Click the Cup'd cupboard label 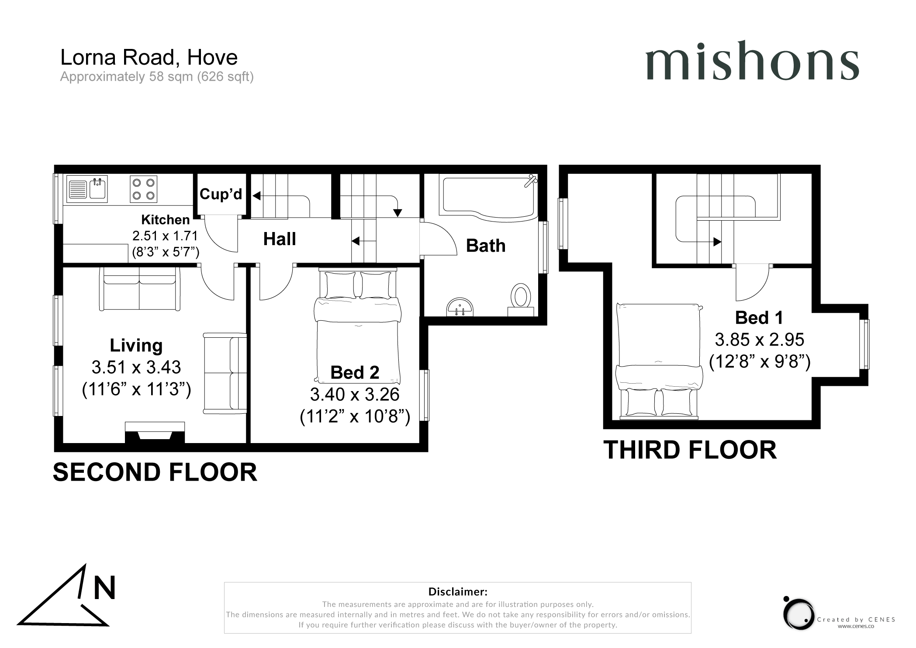point(221,194)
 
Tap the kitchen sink point(87,189)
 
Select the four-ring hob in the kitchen point(144,189)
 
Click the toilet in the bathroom point(521,299)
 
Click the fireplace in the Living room point(155,433)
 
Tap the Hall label point(280,239)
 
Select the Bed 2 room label point(355,372)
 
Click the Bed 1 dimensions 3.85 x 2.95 point(760,340)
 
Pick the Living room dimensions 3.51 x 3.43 point(136,367)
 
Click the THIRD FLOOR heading point(690,450)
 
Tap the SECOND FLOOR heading point(155,472)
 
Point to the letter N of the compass point(105,588)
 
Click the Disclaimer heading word point(458,592)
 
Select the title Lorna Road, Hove point(149,57)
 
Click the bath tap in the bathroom point(530,180)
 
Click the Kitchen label point(166,219)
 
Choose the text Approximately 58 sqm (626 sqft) point(157,76)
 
